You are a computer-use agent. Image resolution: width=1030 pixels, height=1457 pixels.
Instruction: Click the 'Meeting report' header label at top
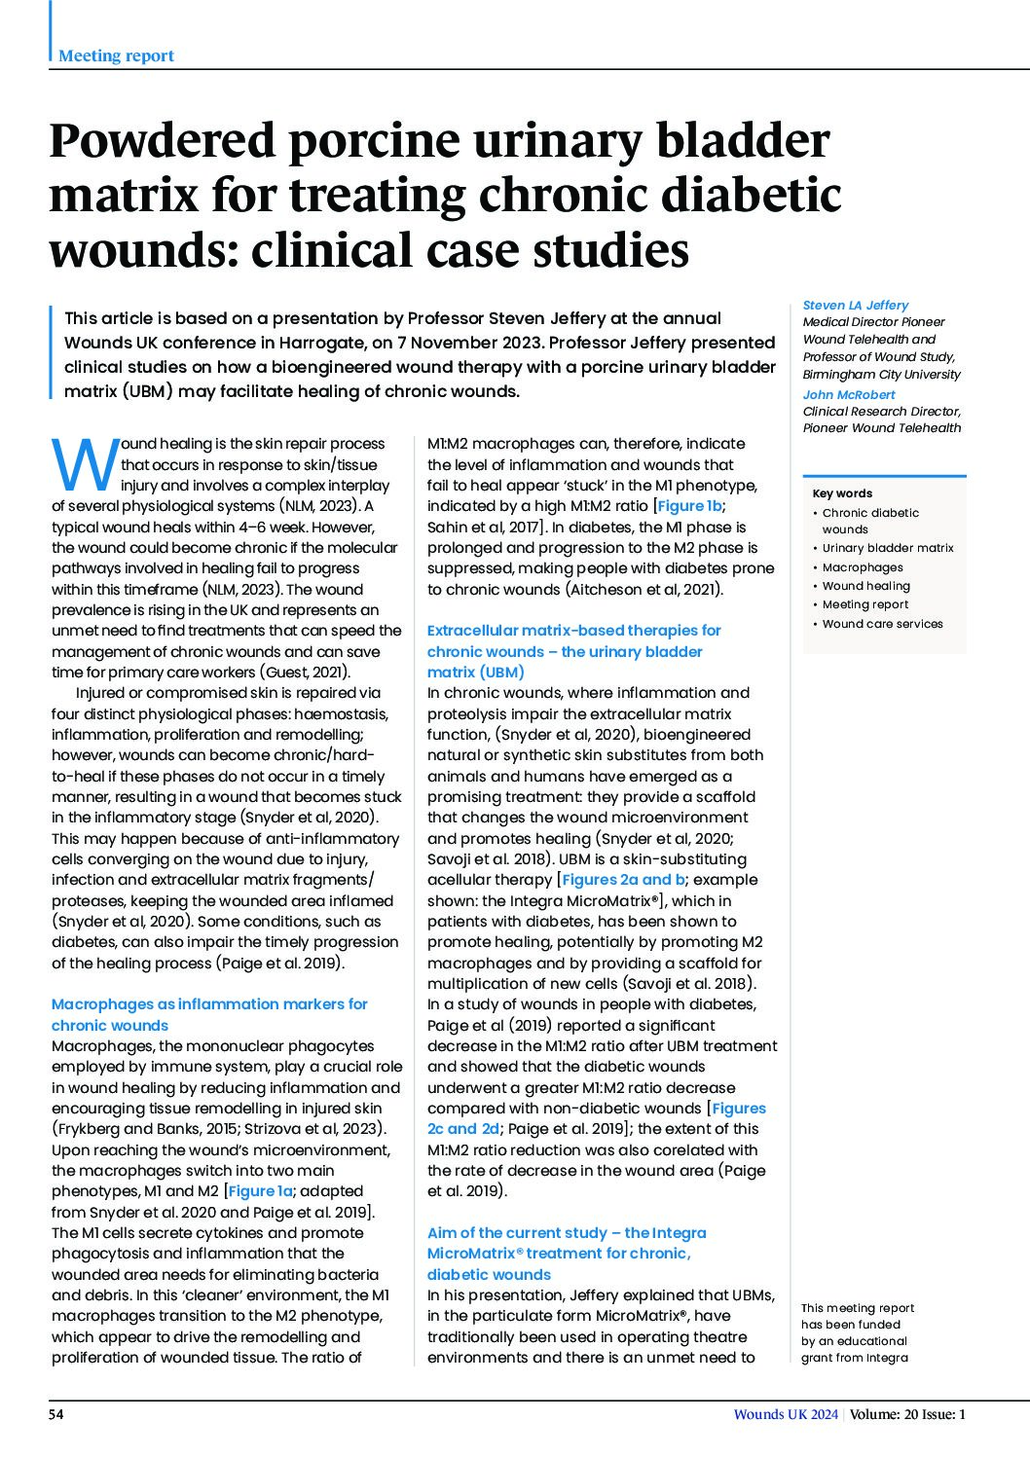pos(116,55)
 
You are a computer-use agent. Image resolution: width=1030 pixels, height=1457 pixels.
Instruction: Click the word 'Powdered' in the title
pos(160,142)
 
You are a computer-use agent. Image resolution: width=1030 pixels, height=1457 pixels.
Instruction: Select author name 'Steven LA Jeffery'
pos(855,305)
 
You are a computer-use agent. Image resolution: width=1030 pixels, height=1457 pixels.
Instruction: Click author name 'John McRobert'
pos(849,394)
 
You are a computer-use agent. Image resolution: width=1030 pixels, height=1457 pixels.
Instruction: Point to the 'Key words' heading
pos(842,493)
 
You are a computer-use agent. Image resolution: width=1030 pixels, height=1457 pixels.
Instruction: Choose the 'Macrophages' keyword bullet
pos(863,567)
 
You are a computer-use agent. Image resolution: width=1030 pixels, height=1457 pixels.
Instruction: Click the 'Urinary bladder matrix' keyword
pos(888,548)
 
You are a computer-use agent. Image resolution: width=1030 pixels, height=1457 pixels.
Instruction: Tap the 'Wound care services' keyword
pos(882,624)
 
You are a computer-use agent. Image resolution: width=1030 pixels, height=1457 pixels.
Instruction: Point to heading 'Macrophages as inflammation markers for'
pos(209,1003)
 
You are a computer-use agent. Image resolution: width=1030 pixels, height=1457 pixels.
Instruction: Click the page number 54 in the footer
pos(56,1415)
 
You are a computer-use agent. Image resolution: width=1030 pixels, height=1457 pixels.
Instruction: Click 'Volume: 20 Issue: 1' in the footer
pos(907,1415)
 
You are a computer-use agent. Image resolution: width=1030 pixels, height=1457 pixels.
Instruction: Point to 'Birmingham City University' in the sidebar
pos(881,374)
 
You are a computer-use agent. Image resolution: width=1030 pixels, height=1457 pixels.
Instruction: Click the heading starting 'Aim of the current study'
pos(567,1232)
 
